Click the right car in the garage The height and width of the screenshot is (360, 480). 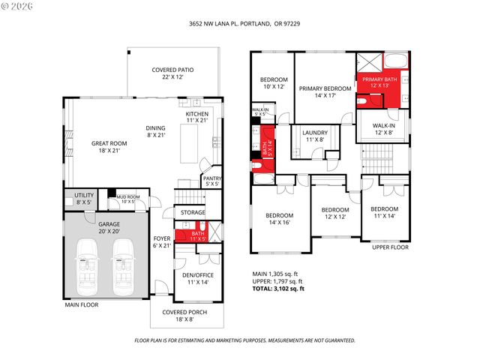124,268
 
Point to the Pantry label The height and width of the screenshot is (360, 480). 211,181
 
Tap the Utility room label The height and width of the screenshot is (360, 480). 84,198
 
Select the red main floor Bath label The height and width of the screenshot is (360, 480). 197,237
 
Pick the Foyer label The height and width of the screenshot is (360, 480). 162,241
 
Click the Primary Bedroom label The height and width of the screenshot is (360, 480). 325,91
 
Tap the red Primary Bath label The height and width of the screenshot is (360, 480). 381,82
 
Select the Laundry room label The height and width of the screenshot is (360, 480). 315,136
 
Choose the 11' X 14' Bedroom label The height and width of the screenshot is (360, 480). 384,212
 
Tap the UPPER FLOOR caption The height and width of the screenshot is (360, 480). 390,246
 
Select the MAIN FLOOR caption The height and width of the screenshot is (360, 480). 82,304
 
